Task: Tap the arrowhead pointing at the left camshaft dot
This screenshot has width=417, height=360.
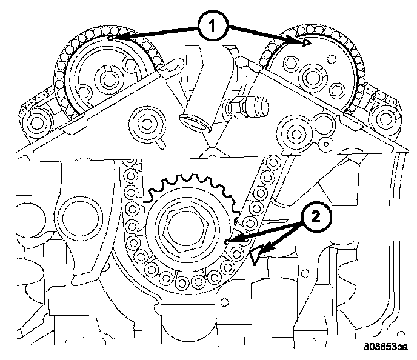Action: (115, 38)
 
